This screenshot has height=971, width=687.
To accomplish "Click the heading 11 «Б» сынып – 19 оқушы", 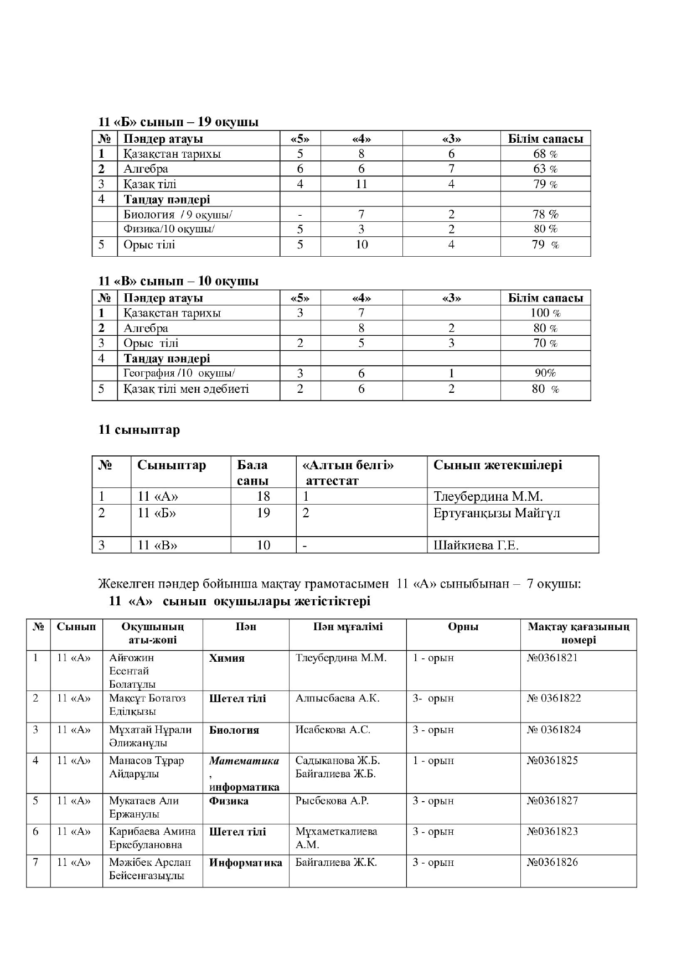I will click(178, 122).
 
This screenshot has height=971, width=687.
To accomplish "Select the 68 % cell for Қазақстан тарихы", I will click(545, 154).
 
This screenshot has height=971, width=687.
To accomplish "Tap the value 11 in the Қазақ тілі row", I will click(361, 184).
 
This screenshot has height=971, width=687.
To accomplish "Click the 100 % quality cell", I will click(545, 313).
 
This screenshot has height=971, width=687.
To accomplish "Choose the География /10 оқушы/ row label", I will click(183, 373).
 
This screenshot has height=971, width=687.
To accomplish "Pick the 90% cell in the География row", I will click(545, 373).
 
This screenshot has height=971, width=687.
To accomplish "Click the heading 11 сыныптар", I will click(139, 430).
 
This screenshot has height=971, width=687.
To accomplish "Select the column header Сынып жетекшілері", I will click(498, 465).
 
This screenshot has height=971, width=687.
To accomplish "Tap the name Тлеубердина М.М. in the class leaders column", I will click(488, 496).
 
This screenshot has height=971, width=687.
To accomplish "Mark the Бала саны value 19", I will click(264, 513).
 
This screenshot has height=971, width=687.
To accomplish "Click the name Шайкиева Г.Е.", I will click(476, 546).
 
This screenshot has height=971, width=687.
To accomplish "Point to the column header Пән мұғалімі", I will click(348, 627).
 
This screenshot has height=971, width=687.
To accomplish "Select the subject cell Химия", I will click(227, 658).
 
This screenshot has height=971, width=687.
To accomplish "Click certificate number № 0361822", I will click(554, 698).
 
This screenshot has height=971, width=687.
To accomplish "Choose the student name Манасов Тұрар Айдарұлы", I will click(147, 767).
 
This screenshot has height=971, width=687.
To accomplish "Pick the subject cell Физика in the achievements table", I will click(229, 801).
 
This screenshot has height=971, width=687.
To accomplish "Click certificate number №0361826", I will click(552, 863).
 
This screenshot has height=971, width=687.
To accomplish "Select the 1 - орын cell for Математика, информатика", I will click(433, 761).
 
